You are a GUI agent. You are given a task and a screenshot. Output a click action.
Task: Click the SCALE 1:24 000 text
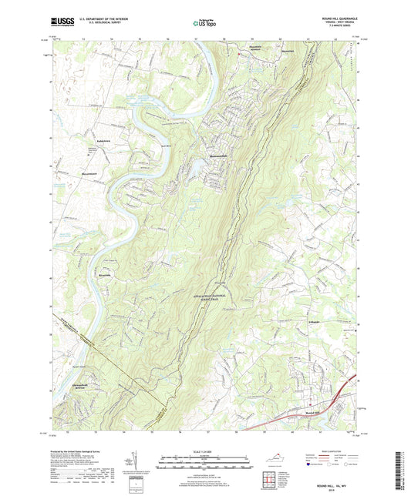204,451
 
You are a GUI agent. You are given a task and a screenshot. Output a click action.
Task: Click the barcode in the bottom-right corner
402,470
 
